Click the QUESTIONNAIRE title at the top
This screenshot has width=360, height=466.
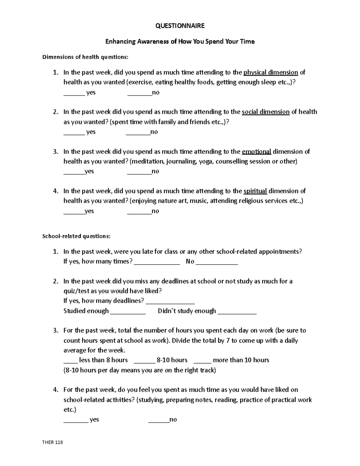pos(180,26)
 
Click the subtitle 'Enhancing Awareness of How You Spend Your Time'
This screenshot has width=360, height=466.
pos(180,41)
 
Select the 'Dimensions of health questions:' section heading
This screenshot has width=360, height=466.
pos(86,57)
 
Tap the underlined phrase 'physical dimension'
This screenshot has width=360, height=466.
pos(271,72)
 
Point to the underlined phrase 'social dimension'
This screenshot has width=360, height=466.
pos(265,112)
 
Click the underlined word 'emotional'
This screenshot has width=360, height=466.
pos(256,152)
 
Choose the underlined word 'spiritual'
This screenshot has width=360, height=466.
pos(255,191)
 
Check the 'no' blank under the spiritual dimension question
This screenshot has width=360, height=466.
pos(139,212)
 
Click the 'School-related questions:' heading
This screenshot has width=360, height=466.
pos(76,236)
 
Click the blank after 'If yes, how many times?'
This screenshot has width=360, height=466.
pos(157,263)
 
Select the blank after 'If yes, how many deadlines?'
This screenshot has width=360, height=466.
pos(172,302)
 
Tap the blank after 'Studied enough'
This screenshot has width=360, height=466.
pos(128,312)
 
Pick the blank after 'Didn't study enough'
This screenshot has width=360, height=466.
pos(237,312)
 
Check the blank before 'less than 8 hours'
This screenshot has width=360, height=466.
pos(70,362)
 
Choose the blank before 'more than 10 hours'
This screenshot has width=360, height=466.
pos(202,362)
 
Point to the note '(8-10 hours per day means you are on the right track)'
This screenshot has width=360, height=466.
pos(139,370)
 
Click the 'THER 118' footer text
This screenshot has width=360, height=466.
pos(53,442)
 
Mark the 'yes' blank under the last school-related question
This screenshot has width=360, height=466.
pos(76,421)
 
